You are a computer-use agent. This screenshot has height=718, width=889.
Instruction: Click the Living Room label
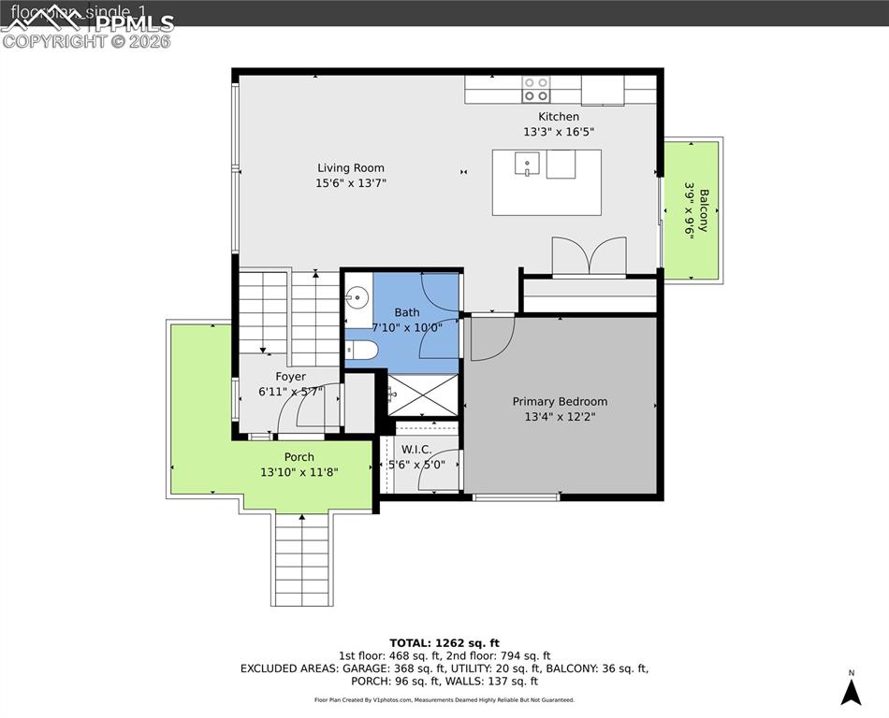coord(351,168)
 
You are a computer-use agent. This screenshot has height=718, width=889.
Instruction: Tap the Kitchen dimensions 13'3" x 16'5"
coord(558,132)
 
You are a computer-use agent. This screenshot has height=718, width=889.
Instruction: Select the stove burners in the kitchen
coord(536,89)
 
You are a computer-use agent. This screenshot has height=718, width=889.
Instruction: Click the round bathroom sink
coord(357,299)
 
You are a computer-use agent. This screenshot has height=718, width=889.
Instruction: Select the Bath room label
coord(407,312)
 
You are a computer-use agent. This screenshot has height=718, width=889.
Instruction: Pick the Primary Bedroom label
coord(560,402)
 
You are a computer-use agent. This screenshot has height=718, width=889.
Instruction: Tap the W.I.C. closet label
coord(415,449)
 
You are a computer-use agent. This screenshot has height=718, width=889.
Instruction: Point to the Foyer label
coord(290,377)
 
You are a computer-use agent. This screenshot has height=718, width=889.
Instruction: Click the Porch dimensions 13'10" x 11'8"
coord(299,472)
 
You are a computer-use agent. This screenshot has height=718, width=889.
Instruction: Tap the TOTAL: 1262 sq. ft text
coord(444,642)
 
